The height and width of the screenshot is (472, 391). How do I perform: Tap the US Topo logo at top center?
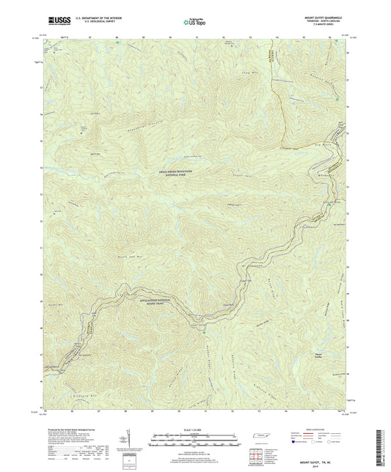[194, 22]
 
